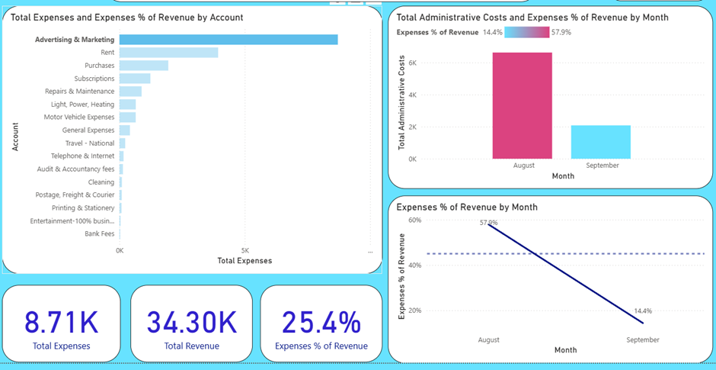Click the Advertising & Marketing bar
(x=229, y=40)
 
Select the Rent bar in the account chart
(x=168, y=53)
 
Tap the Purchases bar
(x=144, y=66)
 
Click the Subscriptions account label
(x=94, y=79)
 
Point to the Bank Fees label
(x=100, y=234)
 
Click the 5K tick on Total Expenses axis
(x=245, y=250)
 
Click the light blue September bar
(x=601, y=142)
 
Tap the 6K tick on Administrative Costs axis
(x=411, y=63)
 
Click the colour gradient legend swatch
(x=526, y=32)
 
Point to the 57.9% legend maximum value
(x=561, y=32)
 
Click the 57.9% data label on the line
(x=488, y=223)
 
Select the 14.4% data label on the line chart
(x=643, y=311)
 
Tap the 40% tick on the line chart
(x=415, y=265)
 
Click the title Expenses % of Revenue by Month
(x=467, y=207)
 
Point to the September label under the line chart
(x=643, y=339)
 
